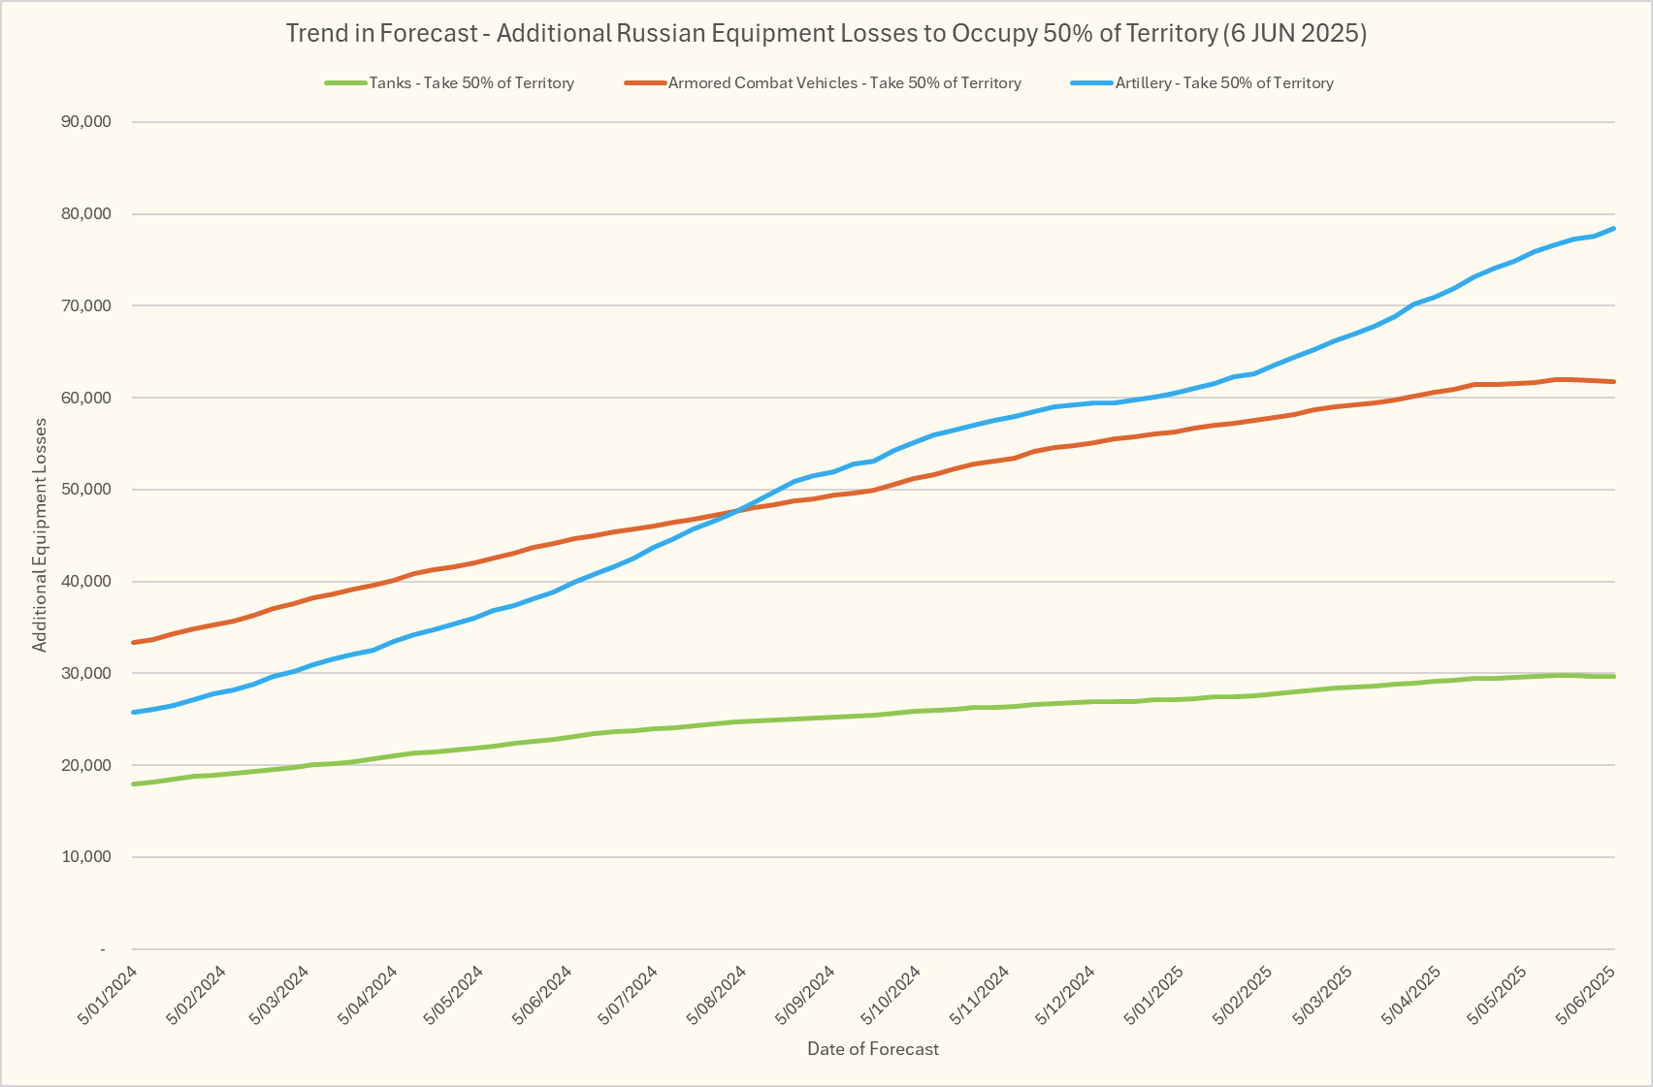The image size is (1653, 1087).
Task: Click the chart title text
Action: (826, 33)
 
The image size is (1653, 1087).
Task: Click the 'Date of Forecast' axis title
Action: (873, 1049)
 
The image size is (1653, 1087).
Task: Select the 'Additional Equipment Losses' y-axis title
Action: (40, 535)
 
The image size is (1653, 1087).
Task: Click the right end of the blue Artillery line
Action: (1614, 229)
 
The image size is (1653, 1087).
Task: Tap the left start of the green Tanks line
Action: (133, 783)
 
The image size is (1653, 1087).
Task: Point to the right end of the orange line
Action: (1614, 382)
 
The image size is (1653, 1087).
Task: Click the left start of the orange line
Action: (133, 643)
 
